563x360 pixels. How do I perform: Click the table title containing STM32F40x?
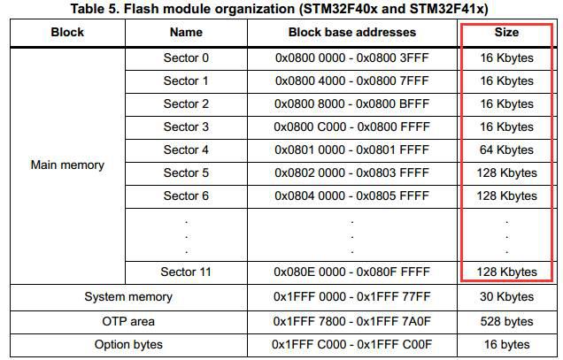[x=280, y=8]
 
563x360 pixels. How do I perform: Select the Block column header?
[x=67, y=33]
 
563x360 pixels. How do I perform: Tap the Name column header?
[x=186, y=33]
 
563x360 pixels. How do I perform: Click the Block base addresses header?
[x=352, y=33]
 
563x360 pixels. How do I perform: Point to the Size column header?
[x=506, y=33]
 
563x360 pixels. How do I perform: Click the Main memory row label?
[x=67, y=165]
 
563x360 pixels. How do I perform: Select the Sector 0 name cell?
[x=186, y=57]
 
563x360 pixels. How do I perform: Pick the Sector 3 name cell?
[x=186, y=126]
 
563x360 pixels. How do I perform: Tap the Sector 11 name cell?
[x=186, y=272]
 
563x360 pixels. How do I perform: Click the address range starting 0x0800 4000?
[x=352, y=80]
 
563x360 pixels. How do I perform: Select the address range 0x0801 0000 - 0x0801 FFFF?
[x=352, y=149]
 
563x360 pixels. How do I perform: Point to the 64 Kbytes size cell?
[x=506, y=149]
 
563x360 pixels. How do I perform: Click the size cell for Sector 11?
[x=506, y=272]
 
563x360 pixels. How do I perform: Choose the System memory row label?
[x=128, y=297]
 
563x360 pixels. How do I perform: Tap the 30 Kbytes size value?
[x=506, y=297]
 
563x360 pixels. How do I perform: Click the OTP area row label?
[x=128, y=321]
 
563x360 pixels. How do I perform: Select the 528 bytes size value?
[x=506, y=321]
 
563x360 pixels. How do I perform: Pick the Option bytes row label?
[x=128, y=345]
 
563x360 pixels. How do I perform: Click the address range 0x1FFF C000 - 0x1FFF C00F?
[x=352, y=345]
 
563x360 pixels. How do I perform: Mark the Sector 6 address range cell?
[x=352, y=195]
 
